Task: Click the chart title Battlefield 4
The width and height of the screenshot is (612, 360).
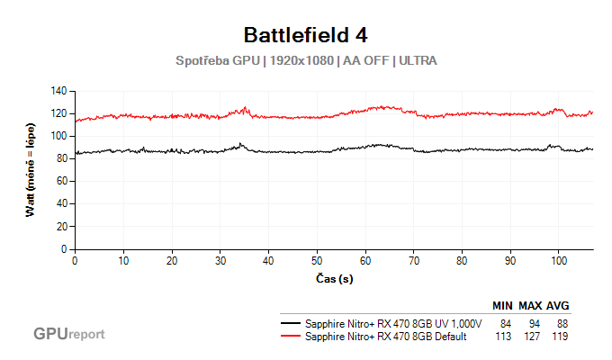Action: pyautogui.click(x=306, y=35)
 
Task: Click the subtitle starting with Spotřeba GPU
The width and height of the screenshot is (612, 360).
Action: pyautogui.click(x=306, y=60)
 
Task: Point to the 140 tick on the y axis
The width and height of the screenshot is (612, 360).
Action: pyautogui.click(x=60, y=91)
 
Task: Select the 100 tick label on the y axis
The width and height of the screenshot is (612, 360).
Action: pyautogui.click(x=60, y=136)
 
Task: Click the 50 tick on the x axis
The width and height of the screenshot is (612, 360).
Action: pyautogui.click(x=317, y=259)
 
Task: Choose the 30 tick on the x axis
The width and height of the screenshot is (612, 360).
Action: pyautogui.click(x=220, y=259)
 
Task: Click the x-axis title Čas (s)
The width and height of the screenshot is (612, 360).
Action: pyautogui.click(x=333, y=279)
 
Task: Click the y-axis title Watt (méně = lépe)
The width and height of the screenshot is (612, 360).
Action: pyautogui.click(x=32, y=170)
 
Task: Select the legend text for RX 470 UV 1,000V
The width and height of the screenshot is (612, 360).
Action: pyautogui.click(x=394, y=323)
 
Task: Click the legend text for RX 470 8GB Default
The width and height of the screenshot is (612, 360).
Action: pyautogui.click(x=386, y=336)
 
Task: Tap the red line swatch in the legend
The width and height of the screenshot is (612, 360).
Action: pyautogui.click(x=291, y=336)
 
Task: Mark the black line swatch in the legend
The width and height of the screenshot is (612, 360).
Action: pyautogui.click(x=291, y=323)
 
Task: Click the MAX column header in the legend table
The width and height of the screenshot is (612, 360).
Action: pyautogui.click(x=530, y=306)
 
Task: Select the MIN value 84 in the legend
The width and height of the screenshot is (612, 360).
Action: pyautogui.click(x=504, y=323)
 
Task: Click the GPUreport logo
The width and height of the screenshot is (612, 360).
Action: pyautogui.click(x=69, y=334)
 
